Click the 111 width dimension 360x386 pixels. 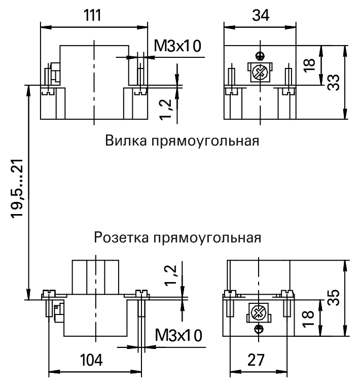coord(92,15)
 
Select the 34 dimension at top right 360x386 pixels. coord(261,15)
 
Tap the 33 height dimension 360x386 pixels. coord(334,82)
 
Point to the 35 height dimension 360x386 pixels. coord(334,297)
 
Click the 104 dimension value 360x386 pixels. coord(91,360)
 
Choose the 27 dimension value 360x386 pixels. coord(256,360)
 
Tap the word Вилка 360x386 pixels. coord(126,141)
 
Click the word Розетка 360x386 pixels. coord(121,237)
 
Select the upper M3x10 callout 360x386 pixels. coord(177,46)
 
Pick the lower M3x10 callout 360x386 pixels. coord(178,335)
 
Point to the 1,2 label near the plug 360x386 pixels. coord(165,109)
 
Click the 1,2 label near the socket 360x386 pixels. coord(171,275)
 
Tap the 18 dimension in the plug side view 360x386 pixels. coord(309,65)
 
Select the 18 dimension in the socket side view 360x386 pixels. coord(308,319)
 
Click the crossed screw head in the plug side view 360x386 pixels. coord(260,72)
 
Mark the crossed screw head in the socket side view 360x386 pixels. coord(259,313)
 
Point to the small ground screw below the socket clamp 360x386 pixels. coord(259,328)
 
